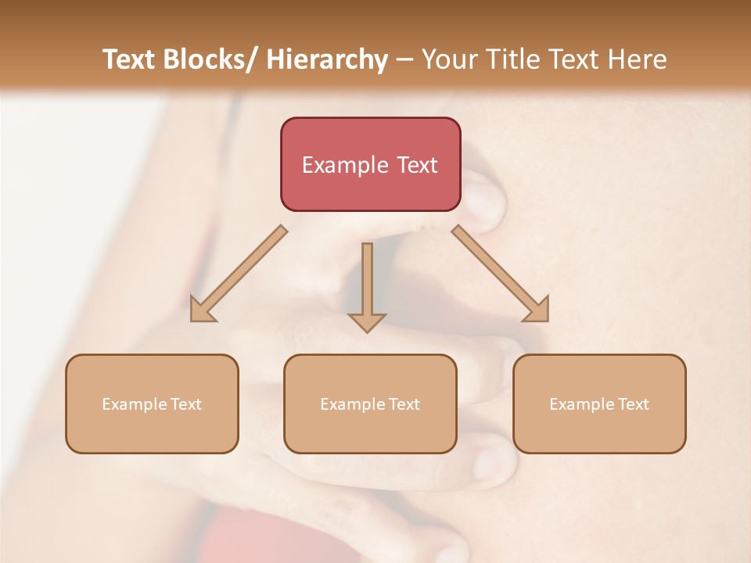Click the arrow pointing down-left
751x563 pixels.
(x=239, y=274)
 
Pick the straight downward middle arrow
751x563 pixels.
(x=367, y=285)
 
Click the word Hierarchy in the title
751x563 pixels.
(x=327, y=59)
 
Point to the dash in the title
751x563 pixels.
(x=405, y=59)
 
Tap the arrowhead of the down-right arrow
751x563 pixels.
(x=537, y=310)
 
